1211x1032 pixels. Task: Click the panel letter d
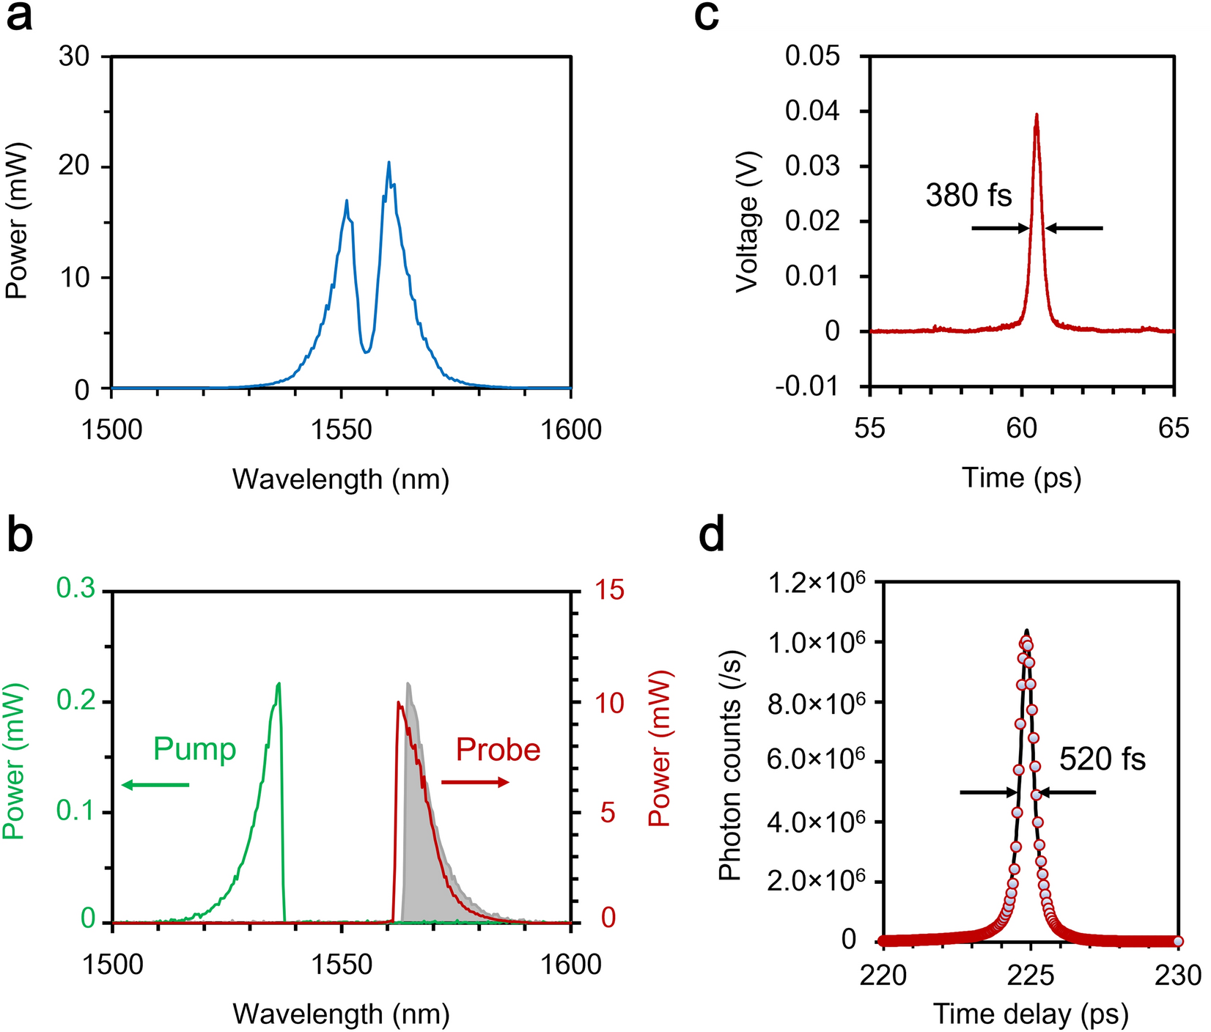coord(711,537)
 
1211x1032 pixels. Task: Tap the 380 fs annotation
coord(968,196)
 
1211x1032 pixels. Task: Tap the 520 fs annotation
coord(1102,759)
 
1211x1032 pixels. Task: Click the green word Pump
coord(194,749)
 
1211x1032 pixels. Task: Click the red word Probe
coord(498,749)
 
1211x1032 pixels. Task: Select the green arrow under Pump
coord(155,785)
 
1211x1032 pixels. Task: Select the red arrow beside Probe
coord(475,783)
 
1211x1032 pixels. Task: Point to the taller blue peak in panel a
coord(389,163)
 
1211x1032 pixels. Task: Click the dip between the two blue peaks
coord(366,352)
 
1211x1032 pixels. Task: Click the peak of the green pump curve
coord(279,685)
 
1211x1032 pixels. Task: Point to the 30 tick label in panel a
coord(74,56)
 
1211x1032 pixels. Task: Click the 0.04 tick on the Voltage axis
coord(812,111)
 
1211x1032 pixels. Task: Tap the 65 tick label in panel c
coord(1174,428)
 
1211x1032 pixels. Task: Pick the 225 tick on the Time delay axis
coord(1031,976)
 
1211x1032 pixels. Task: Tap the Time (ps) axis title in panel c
coord(1021,478)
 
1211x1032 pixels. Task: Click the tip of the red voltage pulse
coord(1037,115)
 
